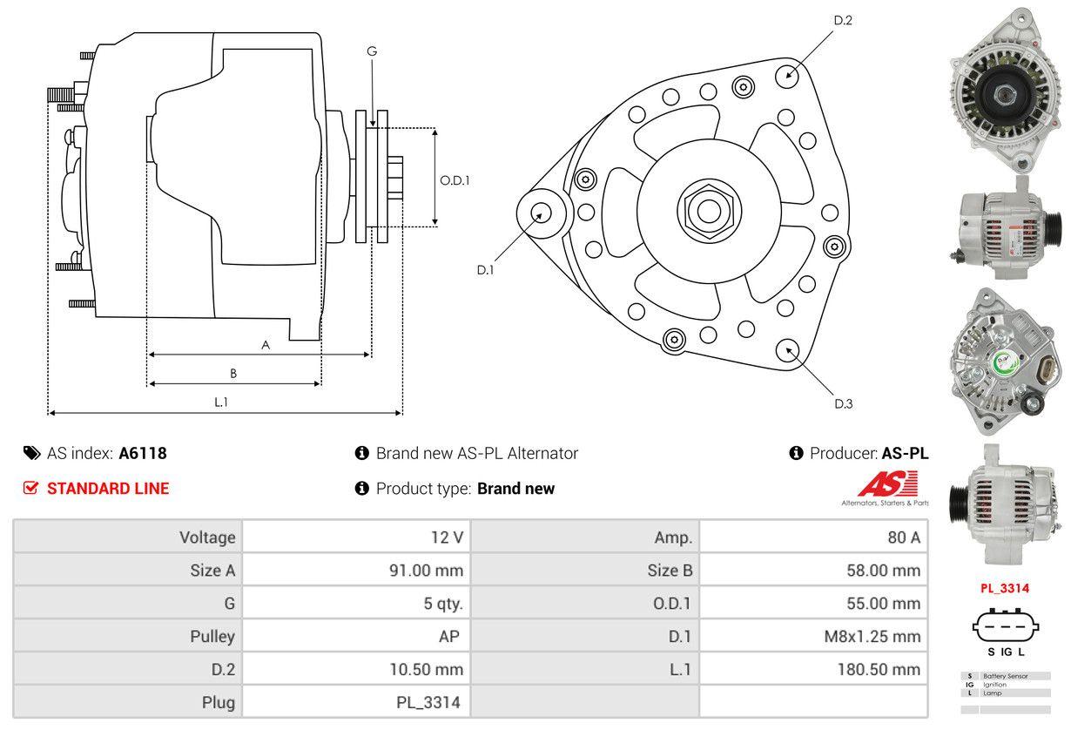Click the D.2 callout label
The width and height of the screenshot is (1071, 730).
point(842,21)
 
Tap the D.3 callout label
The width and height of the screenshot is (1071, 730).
point(843,403)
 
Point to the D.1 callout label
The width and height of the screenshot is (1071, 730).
point(485,270)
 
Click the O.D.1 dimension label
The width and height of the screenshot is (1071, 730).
point(455,180)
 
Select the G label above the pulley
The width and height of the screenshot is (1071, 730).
point(372,51)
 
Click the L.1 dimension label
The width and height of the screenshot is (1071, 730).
point(221,402)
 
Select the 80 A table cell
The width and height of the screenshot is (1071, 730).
point(903,537)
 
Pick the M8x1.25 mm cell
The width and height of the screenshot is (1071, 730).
point(872,637)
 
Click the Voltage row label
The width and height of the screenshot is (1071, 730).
point(207,537)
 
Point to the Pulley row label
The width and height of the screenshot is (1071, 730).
point(212,637)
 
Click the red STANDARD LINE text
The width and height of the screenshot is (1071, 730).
point(108,489)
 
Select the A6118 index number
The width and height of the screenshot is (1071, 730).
point(143,453)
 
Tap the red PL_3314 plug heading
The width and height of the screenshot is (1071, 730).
point(1005,588)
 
